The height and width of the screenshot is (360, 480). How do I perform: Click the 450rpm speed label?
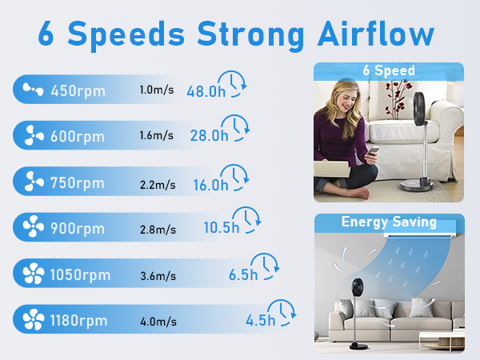click(78, 91)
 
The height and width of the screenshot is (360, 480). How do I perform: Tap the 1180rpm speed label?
click(78, 321)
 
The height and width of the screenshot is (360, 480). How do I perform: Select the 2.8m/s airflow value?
click(158, 230)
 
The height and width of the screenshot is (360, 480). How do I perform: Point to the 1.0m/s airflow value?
click(157, 90)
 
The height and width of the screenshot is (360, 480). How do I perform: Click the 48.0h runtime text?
click(206, 91)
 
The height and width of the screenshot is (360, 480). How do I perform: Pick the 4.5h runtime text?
click(261, 321)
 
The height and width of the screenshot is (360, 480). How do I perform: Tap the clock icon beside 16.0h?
click(236, 177)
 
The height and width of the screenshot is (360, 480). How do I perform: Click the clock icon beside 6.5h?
click(265, 266)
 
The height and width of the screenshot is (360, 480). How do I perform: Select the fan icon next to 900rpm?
click(34, 226)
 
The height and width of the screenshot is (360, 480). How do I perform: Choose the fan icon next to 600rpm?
click(34, 135)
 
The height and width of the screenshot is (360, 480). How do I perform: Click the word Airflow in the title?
click(376, 34)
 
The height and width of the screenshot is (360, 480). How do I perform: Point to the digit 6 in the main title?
click(46, 34)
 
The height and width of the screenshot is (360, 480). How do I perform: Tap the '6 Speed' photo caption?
click(389, 70)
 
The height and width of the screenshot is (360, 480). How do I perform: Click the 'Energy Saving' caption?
click(389, 222)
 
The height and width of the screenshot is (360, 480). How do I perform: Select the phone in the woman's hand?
click(374, 151)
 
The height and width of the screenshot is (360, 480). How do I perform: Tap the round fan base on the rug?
click(416, 185)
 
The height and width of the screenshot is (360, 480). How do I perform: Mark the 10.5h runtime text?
click(222, 227)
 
